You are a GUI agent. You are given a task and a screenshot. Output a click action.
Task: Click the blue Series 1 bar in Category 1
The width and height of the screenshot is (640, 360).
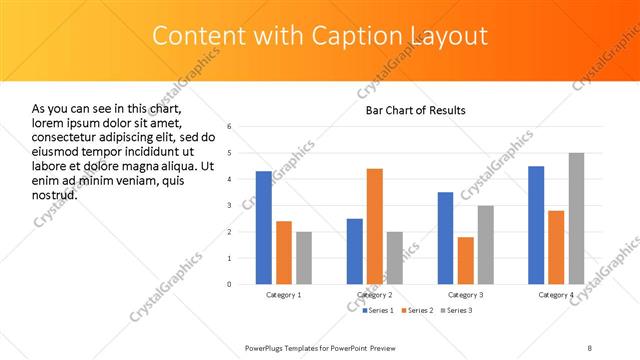[264, 228]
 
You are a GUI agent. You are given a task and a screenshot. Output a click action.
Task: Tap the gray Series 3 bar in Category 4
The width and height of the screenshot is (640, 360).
[576, 218]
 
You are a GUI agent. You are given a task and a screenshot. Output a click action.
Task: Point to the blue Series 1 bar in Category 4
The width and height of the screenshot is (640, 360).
[536, 225]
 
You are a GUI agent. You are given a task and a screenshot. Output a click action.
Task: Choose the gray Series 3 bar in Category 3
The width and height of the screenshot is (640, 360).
[486, 245]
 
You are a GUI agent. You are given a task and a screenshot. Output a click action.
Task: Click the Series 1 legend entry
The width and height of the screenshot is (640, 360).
[378, 310]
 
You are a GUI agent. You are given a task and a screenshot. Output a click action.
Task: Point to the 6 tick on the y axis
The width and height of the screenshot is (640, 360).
[229, 127]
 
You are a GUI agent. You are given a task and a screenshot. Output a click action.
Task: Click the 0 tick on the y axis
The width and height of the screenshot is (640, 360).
[229, 284]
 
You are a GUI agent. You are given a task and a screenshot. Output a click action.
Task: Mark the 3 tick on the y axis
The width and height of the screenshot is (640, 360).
[229, 205]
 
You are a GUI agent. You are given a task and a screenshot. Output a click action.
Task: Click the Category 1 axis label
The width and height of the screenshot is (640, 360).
[284, 296]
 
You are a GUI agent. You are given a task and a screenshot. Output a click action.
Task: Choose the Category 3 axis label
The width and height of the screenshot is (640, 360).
[466, 296]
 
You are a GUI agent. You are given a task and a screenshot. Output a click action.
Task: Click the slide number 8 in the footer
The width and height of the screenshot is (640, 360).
[589, 346]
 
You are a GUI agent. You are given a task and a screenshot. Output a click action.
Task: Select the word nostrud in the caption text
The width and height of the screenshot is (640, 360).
[54, 194]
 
